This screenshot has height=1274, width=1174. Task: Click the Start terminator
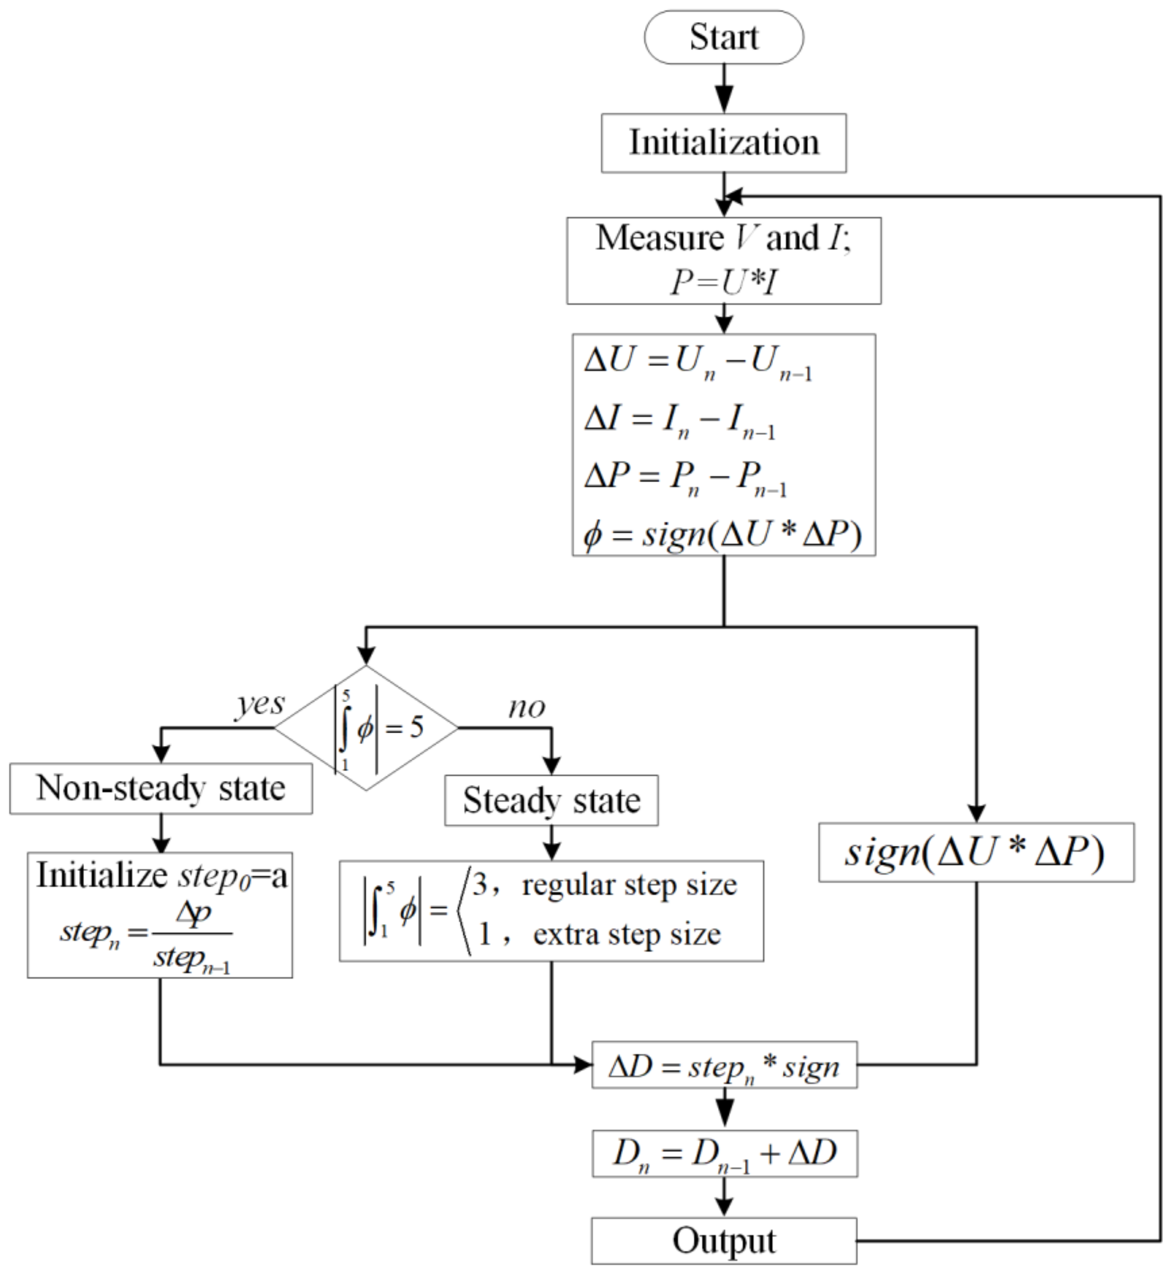[x=724, y=37]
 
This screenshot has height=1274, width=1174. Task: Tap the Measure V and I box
[x=724, y=260]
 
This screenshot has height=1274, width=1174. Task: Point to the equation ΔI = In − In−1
[x=680, y=420]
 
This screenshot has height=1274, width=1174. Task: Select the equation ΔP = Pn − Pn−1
[x=685, y=477]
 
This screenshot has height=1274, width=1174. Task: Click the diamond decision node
[x=367, y=727]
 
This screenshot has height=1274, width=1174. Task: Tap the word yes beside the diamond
[x=260, y=704]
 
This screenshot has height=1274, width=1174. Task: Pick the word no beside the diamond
[x=526, y=707]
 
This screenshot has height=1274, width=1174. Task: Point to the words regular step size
[x=629, y=885]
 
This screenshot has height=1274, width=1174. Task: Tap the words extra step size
[x=627, y=934]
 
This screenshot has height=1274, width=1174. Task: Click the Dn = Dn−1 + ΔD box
[x=724, y=1153]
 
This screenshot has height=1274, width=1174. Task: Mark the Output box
[x=724, y=1241]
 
